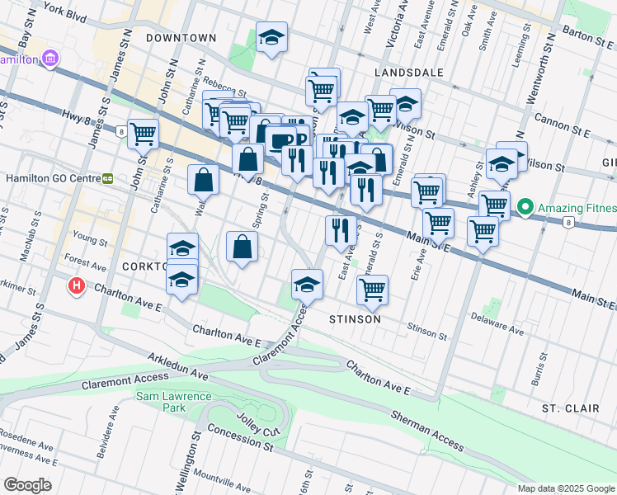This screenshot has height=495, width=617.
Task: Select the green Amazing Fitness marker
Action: (x=525, y=208)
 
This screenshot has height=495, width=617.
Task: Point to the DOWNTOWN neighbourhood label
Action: (x=181, y=38)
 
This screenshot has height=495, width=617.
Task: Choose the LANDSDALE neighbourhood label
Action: (x=408, y=73)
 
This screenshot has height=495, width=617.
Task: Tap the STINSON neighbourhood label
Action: (x=355, y=318)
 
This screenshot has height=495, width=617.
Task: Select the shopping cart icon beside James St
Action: (x=143, y=132)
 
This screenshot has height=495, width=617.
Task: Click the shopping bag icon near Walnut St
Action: (x=204, y=177)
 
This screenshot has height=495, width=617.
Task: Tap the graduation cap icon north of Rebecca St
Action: (x=271, y=37)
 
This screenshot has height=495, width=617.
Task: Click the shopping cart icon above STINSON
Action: (x=373, y=289)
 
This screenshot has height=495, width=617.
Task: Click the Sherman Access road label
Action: (x=426, y=430)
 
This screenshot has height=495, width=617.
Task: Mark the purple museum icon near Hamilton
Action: (x=51, y=59)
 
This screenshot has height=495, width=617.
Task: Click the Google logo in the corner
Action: (x=26, y=484)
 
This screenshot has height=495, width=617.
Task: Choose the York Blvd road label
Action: (x=66, y=13)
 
